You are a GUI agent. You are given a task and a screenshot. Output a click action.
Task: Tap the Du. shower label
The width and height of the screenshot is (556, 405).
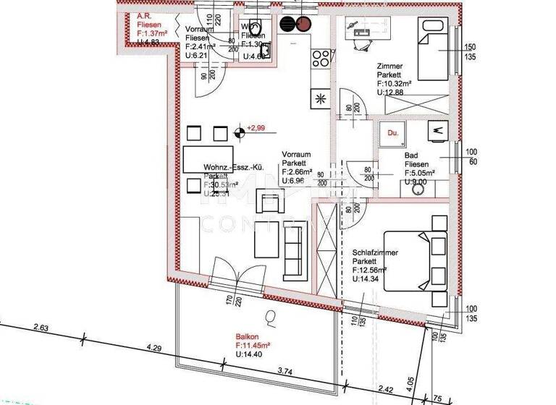point(392,133)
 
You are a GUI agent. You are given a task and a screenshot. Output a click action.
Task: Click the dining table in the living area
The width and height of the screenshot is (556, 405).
point(206,157)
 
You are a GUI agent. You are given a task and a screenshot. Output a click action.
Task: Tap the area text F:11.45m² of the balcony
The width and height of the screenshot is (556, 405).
point(253,346)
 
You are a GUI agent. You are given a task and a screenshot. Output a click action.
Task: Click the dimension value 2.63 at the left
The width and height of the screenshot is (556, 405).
point(41,329)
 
